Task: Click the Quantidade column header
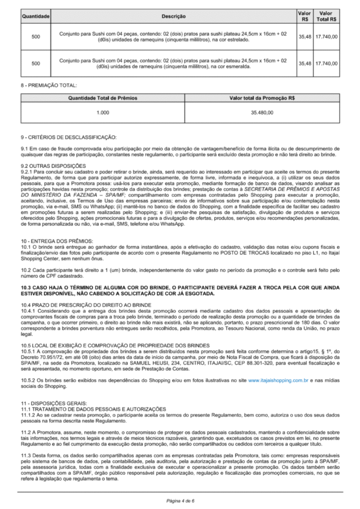pyautogui.click(x=35, y=16)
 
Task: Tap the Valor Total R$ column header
pyautogui.click(x=326, y=16)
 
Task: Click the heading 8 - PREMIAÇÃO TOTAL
pyautogui.click(x=49, y=85)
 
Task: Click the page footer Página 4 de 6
pyautogui.click(x=180, y=500)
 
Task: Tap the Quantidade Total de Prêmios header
pyautogui.click(x=102, y=98)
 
